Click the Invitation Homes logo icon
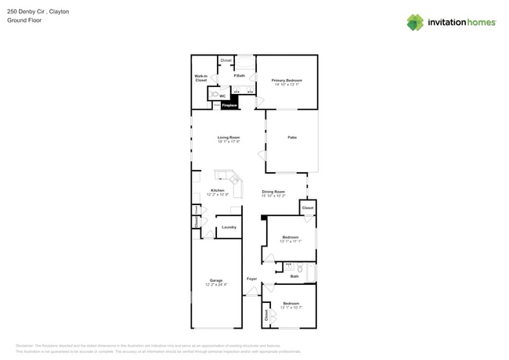(x=414, y=23)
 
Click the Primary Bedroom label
(x=287, y=81)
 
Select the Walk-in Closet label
(x=201, y=78)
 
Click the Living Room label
(x=229, y=138)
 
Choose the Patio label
(x=291, y=138)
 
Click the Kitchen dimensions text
(x=218, y=195)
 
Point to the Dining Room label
(x=273, y=191)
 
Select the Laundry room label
(x=229, y=227)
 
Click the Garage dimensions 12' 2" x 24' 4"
(x=216, y=285)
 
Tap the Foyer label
(x=251, y=279)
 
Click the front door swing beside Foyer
(x=251, y=292)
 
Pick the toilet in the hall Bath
(x=299, y=268)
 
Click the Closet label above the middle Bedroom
(x=308, y=208)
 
